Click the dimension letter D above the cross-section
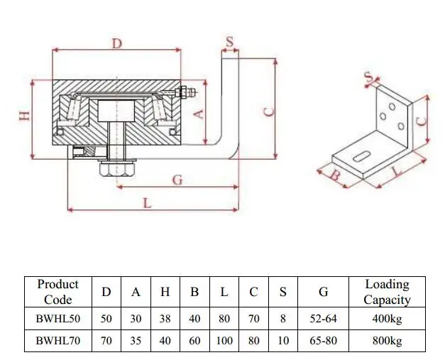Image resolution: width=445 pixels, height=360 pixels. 117,44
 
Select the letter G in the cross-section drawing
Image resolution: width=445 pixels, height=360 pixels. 177,180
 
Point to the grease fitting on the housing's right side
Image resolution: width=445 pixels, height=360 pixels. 185,91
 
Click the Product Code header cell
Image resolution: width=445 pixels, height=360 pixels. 58,292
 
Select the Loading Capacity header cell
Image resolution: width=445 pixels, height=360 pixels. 387,292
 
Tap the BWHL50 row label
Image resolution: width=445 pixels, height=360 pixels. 58,319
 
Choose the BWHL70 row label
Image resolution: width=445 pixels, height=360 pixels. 58,341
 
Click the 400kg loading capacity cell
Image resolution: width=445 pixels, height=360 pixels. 387,319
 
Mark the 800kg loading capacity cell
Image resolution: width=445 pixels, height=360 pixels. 387,341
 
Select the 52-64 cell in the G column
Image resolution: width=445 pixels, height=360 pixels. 324,319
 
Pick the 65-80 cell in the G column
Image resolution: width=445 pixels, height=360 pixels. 324,341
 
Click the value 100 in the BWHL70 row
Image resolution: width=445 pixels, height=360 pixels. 224,341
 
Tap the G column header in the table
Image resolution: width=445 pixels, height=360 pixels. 324,292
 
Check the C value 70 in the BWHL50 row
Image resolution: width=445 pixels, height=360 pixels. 254,319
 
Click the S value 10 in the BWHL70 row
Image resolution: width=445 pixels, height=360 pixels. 283,341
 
